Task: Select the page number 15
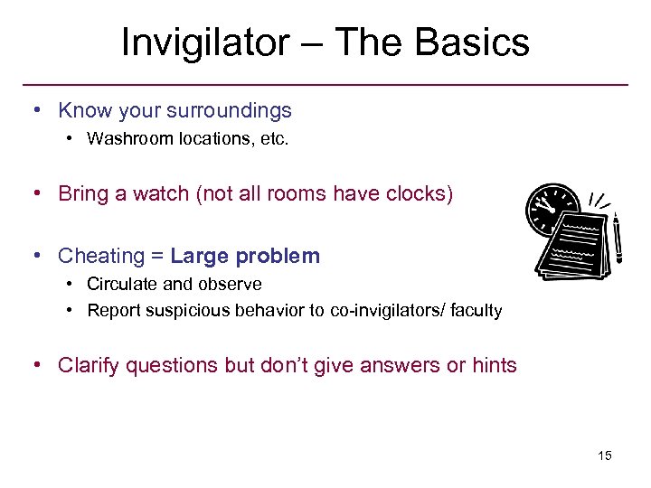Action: pos(604,455)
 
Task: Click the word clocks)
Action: pos(418,193)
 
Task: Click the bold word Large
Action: pos(199,257)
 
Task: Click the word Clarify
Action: pos(89,366)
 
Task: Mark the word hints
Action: pos(494,366)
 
